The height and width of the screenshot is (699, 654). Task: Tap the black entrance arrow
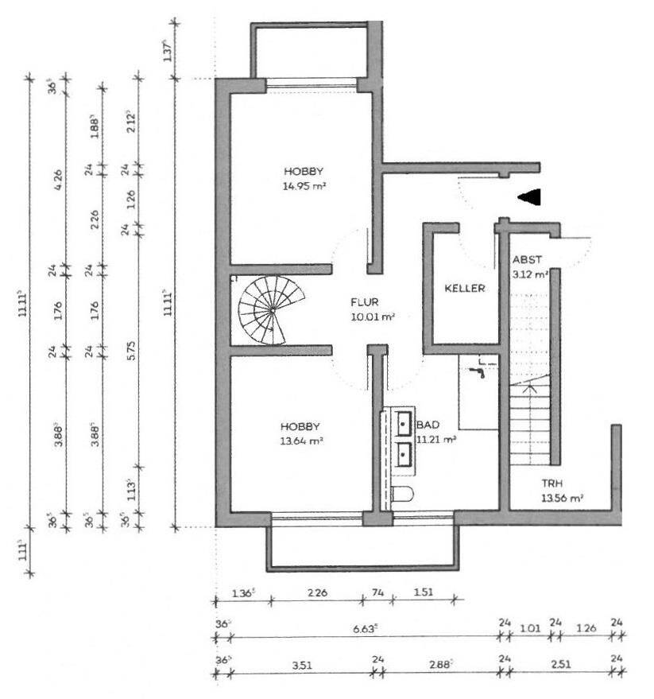coord(528,196)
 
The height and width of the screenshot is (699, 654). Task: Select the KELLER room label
coord(465,289)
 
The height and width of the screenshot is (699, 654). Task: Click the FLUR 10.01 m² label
coord(373,309)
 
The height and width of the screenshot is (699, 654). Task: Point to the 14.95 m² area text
coord(306,186)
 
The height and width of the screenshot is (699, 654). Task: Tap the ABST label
coord(528,260)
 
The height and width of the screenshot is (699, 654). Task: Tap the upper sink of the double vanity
coord(404,422)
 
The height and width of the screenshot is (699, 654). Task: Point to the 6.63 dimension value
coord(366,627)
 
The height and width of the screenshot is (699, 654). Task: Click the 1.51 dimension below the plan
coord(423,592)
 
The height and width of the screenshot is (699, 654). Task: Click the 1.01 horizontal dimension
coord(529,627)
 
